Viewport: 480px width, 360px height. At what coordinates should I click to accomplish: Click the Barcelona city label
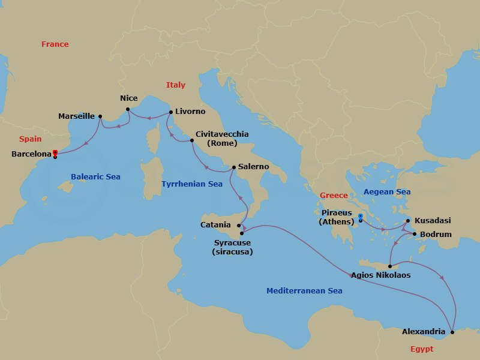coord(31,154)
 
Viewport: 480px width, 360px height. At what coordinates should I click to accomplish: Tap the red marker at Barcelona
coord(55,152)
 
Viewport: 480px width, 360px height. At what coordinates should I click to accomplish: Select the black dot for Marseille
coord(100,116)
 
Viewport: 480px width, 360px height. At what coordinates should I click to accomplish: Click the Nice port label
coord(128,98)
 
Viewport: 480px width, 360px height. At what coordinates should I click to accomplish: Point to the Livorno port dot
coord(171,112)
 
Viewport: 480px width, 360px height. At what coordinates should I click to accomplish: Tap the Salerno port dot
coord(234,167)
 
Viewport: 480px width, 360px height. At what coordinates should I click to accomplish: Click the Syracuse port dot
coord(242,233)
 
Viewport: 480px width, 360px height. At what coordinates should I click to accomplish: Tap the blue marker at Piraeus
coord(360,217)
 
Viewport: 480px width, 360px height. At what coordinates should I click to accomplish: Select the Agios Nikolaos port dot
coord(390,266)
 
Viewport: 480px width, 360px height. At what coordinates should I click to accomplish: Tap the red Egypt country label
coord(421,349)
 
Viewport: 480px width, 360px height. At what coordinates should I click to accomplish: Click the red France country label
coord(55,44)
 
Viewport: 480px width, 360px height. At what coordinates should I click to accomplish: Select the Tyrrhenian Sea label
coord(192,184)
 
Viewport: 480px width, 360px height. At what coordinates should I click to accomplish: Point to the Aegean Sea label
coord(387,192)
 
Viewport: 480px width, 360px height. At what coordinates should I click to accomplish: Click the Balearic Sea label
coord(95,177)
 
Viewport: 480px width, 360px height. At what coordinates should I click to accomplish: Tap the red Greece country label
coord(334,196)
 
